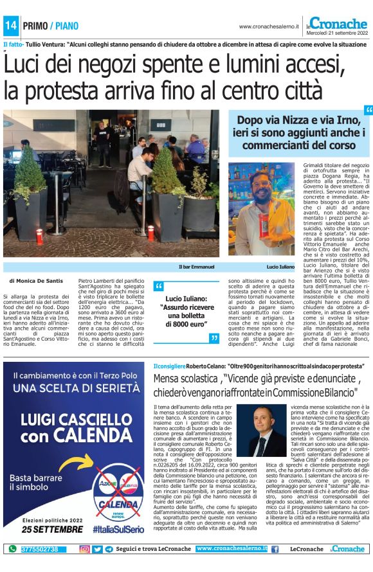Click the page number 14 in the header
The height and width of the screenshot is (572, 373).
click(10, 26)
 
